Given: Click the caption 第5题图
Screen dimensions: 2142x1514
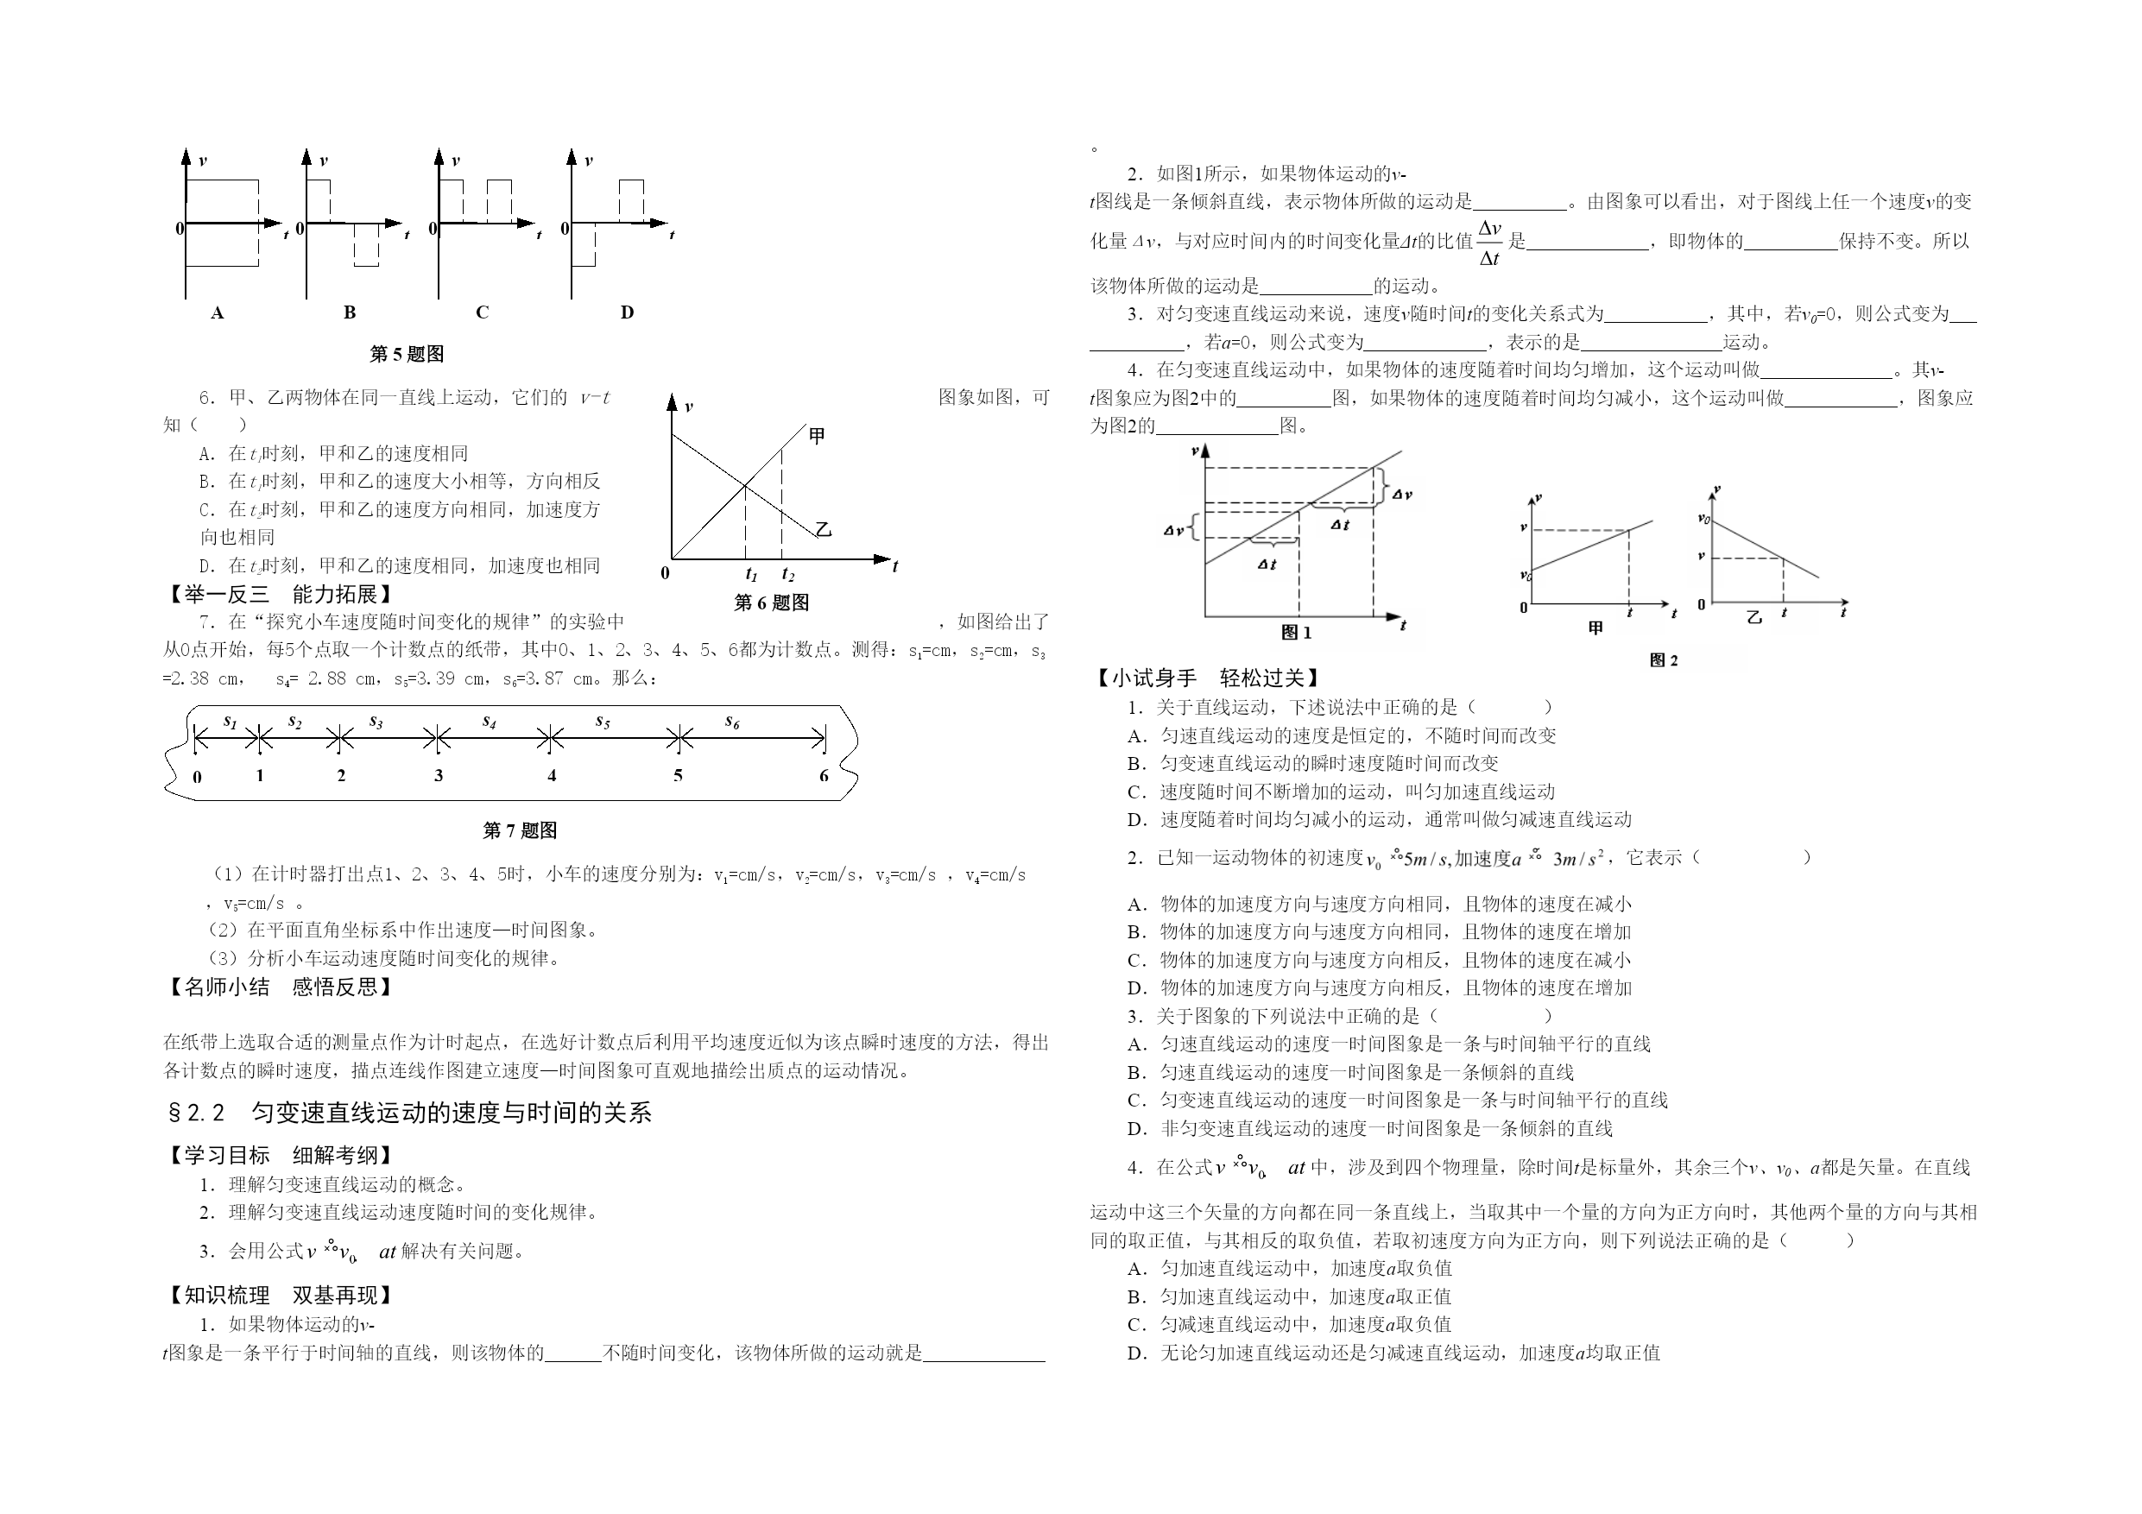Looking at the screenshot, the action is coord(407,354).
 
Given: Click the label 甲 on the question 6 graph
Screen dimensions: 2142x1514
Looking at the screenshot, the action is coord(817,436).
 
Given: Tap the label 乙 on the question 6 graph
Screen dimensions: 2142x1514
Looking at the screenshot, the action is coord(823,530).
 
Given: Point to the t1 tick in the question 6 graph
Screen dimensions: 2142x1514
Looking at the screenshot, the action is coord(751,575).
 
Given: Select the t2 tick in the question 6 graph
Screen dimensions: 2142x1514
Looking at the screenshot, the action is coord(788,575).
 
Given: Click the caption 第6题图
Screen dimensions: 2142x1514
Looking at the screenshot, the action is coord(772,602).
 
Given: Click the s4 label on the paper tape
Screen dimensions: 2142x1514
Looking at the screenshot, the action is coord(489,720).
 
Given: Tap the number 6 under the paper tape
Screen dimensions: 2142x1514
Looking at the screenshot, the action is coord(824,775).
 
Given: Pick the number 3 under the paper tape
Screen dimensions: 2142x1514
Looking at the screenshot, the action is coord(439,775).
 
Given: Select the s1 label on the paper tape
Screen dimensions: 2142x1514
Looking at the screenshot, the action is coord(231,720).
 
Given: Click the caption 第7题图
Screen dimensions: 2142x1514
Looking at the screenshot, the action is coord(520,830).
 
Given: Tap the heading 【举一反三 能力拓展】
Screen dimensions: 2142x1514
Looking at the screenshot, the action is coord(278,594).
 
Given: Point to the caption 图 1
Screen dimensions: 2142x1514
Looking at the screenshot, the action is coord(1297,633).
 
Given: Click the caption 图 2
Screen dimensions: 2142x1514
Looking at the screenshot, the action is coord(1664,660).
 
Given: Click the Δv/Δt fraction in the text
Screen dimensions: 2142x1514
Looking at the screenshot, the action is coord(1490,243).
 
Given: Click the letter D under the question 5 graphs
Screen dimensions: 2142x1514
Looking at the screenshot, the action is coord(627,312).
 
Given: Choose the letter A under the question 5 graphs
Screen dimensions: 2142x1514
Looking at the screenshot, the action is coord(218,312).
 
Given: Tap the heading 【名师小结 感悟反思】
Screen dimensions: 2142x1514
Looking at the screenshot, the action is coord(278,987).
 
